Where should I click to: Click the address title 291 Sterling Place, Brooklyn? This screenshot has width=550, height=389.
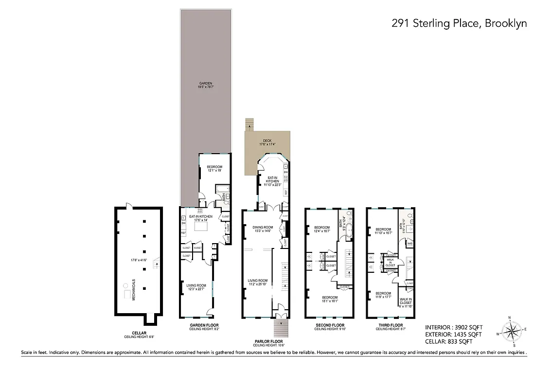coord(459,23)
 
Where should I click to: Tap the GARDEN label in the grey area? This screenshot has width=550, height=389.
coord(206,85)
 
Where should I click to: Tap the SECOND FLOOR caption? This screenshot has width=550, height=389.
coord(329,326)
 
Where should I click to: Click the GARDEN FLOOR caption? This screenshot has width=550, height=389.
coord(204,326)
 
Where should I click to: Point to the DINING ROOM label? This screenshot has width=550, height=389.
coord(263,229)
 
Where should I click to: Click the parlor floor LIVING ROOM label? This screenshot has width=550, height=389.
coord(258,282)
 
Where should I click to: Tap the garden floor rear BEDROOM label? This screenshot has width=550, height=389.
coord(214,168)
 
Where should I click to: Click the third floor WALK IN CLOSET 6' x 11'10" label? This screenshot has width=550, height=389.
coord(405,302)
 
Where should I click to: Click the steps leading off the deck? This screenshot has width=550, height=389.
coord(250,124)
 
